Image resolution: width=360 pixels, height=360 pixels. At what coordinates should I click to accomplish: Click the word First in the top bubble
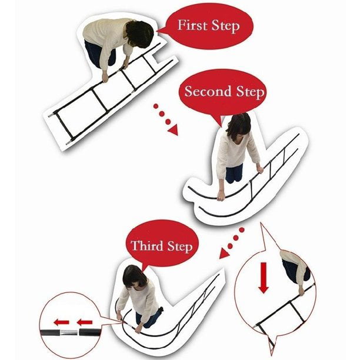(192, 25)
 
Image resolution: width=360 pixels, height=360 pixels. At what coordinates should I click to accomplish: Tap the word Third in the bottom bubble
(147, 246)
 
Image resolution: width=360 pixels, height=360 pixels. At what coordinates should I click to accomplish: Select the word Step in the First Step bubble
(226, 26)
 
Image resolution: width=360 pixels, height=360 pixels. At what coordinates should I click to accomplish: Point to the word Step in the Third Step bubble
(180, 247)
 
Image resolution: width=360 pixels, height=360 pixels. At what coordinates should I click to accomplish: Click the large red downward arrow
(264, 278)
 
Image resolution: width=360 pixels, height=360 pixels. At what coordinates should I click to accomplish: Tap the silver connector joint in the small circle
(69, 332)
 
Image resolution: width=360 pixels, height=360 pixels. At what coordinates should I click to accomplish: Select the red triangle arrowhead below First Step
(173, 131)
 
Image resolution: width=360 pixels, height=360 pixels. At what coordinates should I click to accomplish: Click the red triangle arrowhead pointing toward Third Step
(224, 254)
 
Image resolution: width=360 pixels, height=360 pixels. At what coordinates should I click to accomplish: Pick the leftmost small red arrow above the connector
(61, 322)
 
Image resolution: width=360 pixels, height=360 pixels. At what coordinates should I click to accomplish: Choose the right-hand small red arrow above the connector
(85, 322)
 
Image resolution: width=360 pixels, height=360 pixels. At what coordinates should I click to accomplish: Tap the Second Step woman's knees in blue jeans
(234, 174)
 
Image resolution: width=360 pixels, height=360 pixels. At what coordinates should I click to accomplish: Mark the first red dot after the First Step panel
(156, 106)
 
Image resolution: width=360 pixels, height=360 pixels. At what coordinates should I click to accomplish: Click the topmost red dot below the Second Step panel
(242, 230)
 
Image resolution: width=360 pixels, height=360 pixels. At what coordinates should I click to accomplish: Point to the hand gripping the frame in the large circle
(301, 291)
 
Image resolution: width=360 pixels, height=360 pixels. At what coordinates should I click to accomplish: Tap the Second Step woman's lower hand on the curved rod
(221, 196)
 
